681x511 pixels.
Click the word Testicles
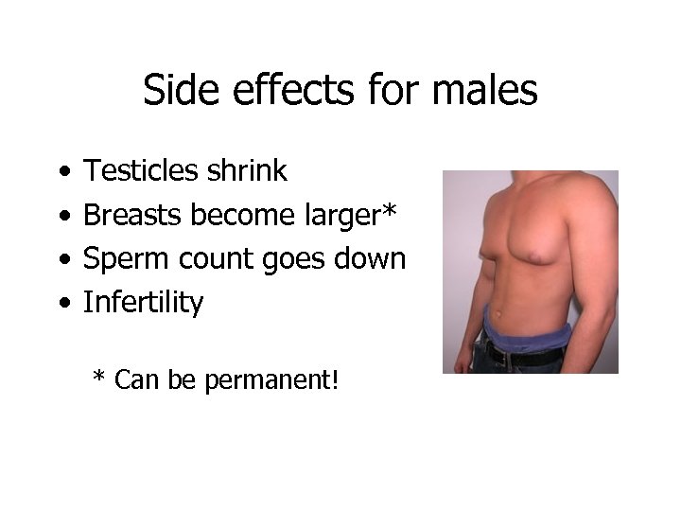(x=141, y=171)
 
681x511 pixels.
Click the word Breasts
(x=133, y=215)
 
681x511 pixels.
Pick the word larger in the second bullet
(x=337, y=217)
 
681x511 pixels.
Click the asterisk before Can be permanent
(x=98, y=379)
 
